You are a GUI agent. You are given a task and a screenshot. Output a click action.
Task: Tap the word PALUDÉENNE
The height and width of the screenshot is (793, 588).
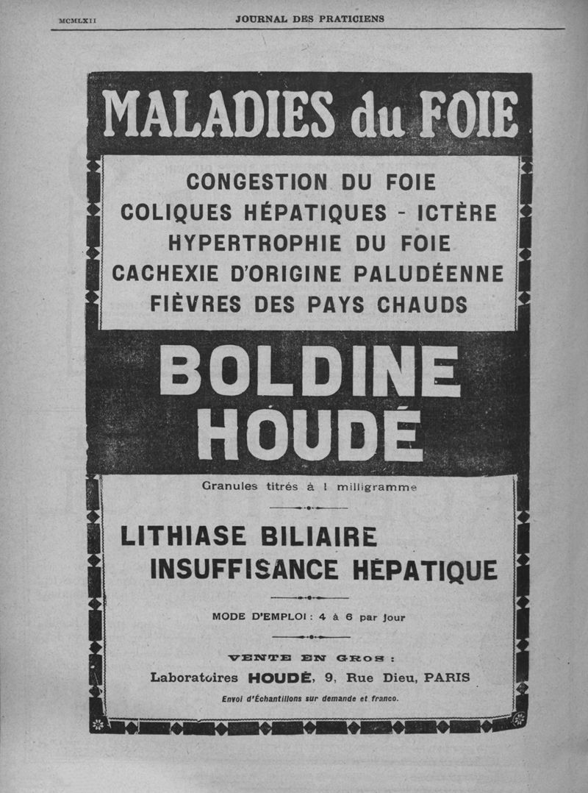click(x=429, y=273)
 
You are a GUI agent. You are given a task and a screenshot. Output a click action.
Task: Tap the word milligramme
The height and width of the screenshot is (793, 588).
click(x=377, y=486)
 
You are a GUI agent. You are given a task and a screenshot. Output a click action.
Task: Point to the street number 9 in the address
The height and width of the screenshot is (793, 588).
click(x=328, y=678)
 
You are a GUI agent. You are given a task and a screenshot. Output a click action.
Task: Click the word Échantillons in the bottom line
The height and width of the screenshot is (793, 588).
click(x=279, y=699)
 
